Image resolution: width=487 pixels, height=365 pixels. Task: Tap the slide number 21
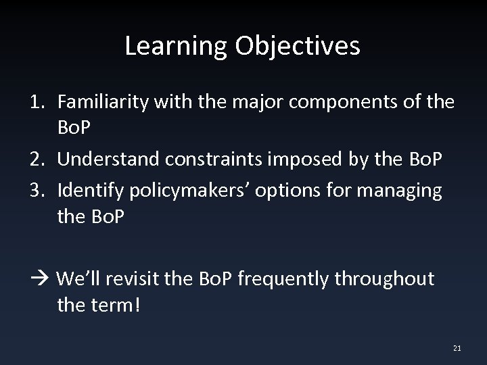point(457,348)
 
